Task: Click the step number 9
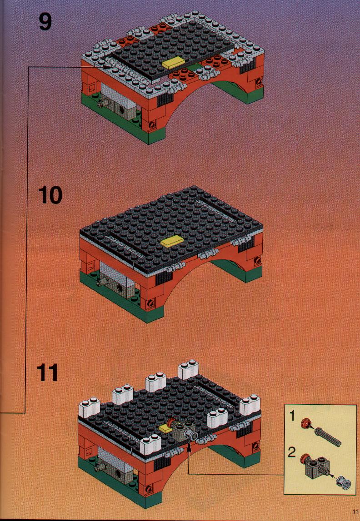pyautogui.click(x=45, y=22)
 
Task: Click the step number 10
pyautogui.click(x=50, y=195)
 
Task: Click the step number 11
pyautogui.click(x=47, y=373)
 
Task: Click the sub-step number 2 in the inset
pyautogui.click(x=291, y=452)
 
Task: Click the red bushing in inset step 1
pyautogui.click(x=304, y=423)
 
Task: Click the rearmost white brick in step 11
pyautogui.click(x=188, y=369)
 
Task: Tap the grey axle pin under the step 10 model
pyautogui.click(x=100, y=282)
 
